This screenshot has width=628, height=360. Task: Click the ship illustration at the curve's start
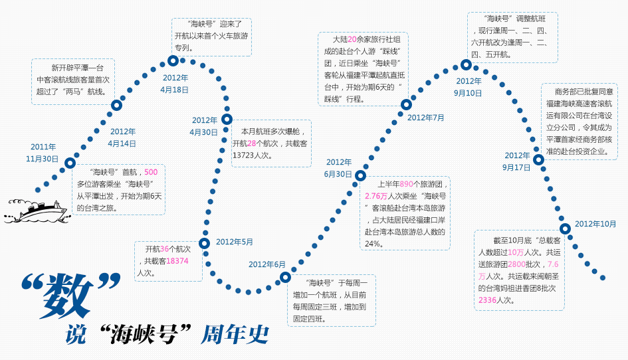click(x=36, y=209)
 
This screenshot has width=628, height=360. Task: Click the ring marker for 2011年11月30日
click(x=70, y=163)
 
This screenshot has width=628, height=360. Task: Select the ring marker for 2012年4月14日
click(x=116, y=105)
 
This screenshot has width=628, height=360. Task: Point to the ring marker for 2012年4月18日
click(x=173, y=61)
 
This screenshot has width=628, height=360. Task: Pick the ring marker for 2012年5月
click(x=204, y=243)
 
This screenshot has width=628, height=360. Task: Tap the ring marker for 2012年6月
click(x=285, y=277)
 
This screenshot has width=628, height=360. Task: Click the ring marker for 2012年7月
click(x=406, y=104)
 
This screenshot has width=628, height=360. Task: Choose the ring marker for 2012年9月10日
click(x=466, y=65)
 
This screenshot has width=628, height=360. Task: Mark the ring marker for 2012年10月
click(x=565, y=211)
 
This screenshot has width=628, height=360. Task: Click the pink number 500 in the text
click(x=151, y=172)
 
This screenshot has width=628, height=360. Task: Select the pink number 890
click(x=407, y=185)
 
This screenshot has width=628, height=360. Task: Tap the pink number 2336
click(x=488, y=300)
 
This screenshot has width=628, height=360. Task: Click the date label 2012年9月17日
click(x=516, y=161)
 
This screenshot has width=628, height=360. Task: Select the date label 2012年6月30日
click(x=338, y=168)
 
